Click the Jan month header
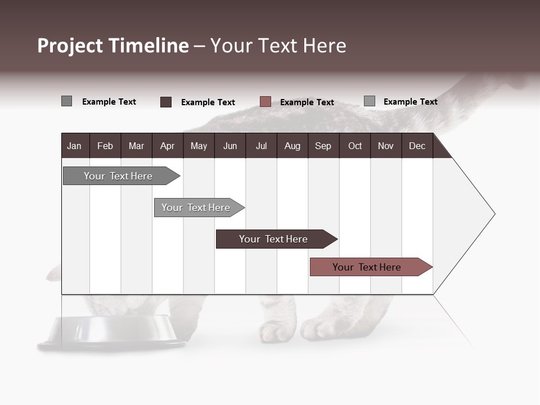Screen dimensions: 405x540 [x=74, y=146]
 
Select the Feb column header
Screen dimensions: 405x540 [x=105, y=146]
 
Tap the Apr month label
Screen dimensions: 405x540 [x=167, y=146]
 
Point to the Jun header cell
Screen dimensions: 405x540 [x=230, y=146]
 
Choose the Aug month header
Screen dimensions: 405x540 [x=292, y=146]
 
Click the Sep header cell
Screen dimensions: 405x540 [x=323, y=146]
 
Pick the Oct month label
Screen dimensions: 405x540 [x=355, y=146]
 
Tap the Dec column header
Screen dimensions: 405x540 [x=417, y=146]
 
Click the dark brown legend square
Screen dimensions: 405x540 [x=166, y=102]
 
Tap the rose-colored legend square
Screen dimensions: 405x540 [x=265, y=102]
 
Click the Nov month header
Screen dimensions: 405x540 [x=386, y=146]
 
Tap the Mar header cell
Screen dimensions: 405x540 [x=136, y=146]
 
